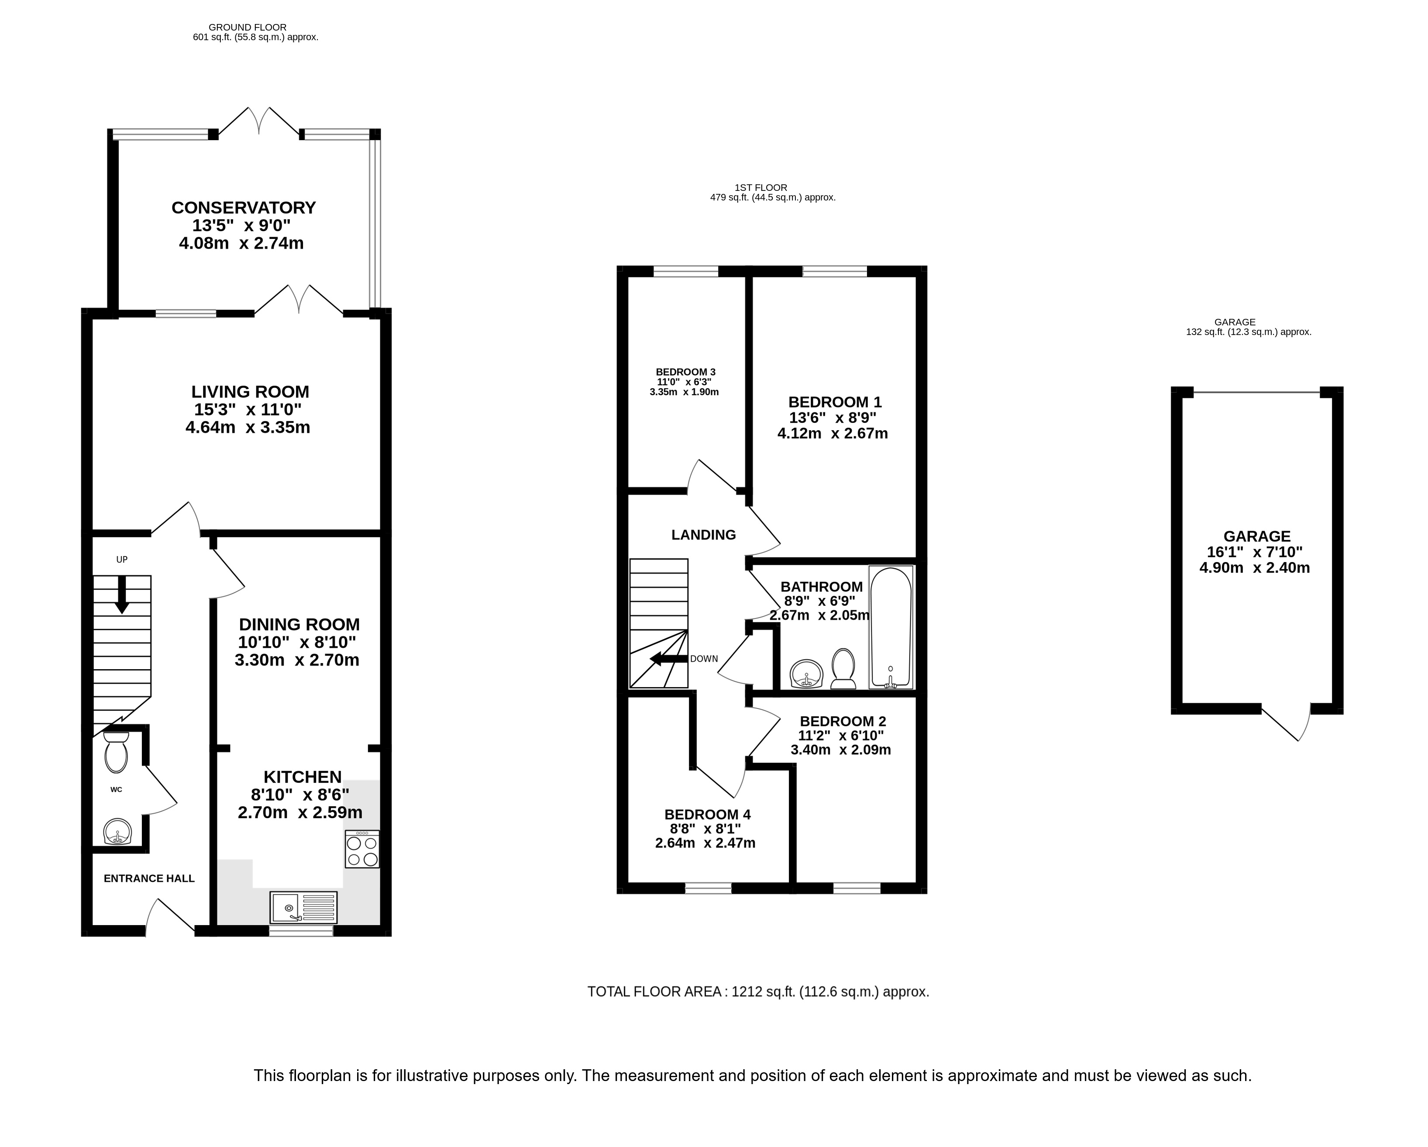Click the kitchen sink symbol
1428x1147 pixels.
pyautogui.click(x=303, y=907)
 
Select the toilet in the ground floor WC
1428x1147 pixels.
pyautogui.click(x=116, y=752)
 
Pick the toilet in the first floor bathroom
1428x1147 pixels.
pyautogui.click(x=843, y=668)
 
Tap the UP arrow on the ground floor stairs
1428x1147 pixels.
pyautogui.click(x=122, y=594)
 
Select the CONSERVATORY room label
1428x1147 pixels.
pyautogui.click(x=244, y=207)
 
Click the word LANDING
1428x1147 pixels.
pyautogui.click(x=703, y=535)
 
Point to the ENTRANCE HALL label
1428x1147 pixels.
pyautogui.click(x=149, y=879)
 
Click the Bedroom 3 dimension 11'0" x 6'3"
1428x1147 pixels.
pyautogui.click(x=684, y=382)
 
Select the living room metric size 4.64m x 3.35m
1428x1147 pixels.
pyautogui.click(x=248, y=427)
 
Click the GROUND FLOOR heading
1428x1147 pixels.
pyautogui.click(x=248, y=27)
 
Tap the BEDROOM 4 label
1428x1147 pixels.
pyautogui.click(x=707, y=814)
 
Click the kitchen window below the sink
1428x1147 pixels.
pyautogui.click(x=301, y=931)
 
